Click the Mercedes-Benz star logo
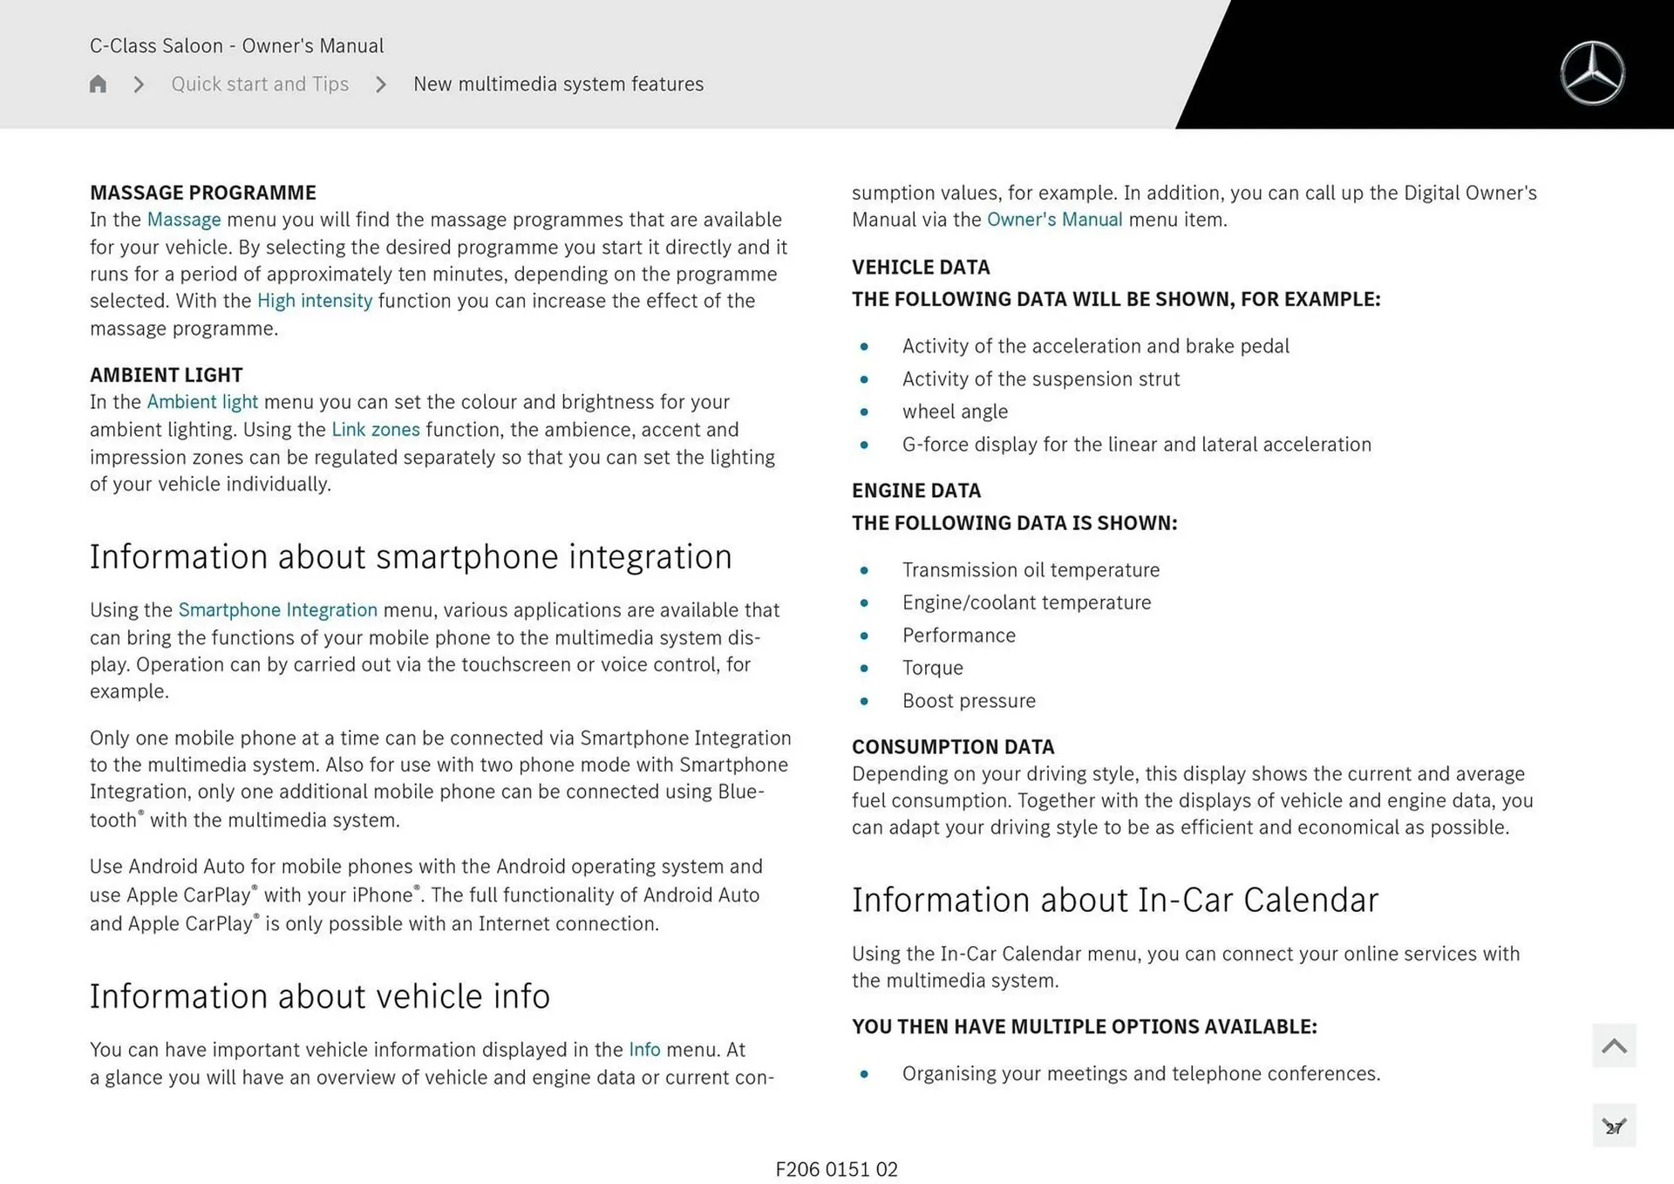(x=1592, y=73)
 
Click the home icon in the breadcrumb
(x=98, y=84)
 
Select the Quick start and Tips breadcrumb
(x=260, y=84)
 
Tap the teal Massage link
(x=183, y=220)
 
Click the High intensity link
(x=314, y=301)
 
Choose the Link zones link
(x=375, y=430)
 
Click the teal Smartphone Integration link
(x=277, y=610)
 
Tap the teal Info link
(x=644, y=1050)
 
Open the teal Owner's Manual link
(x=1054, y=220)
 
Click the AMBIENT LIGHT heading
(x=166, y=375)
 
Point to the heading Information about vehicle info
(x=319, y=997)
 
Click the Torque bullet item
(x=932, y=668)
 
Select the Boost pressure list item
(x=969, y=701)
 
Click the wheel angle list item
(x=955, y=412)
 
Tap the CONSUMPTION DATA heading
(x=953, y=747)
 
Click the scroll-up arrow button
(x=1613, y=1045)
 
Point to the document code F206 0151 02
(x=836, y=1169)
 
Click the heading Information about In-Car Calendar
(x=1114, y=901)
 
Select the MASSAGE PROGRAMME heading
(x=202, y=193)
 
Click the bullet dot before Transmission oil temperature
(x=864, y=570)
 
